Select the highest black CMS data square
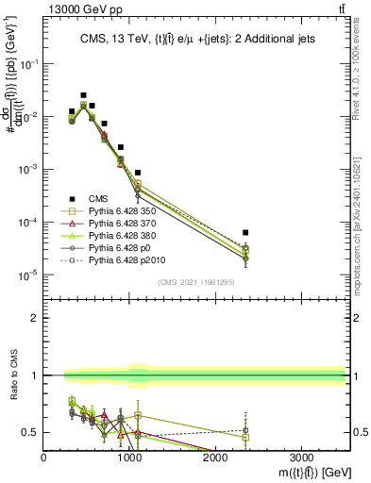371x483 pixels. point(83,95)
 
